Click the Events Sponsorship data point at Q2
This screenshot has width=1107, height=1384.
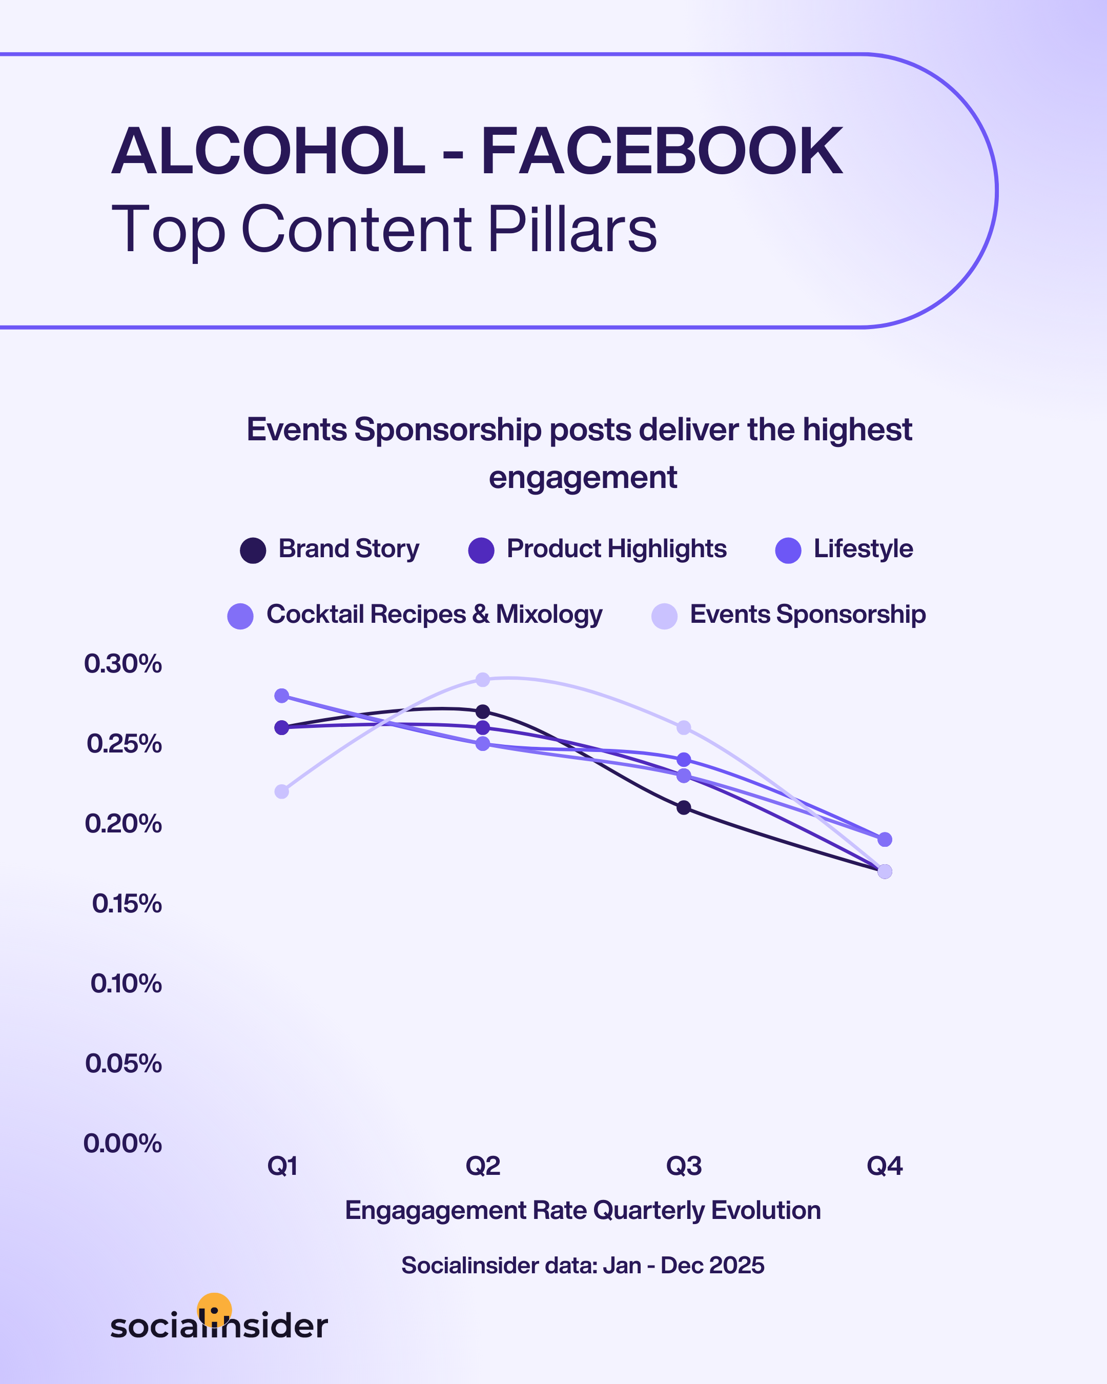tap(483, 679)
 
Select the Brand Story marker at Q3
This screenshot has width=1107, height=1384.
tap(684, 807)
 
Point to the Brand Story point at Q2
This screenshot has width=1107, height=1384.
tap(483, 711)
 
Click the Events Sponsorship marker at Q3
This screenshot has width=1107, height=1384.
tap(684, 727)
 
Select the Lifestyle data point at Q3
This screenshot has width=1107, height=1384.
tap(684, 759)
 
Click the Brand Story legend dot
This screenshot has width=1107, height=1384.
tap(253, 550)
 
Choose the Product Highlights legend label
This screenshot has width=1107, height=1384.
tap(616, 549)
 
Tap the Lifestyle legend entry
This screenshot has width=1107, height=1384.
tap(863, 549)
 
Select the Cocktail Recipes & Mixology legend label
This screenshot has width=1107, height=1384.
tap(434, 614)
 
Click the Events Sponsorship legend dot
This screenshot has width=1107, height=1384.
tap(664, 616)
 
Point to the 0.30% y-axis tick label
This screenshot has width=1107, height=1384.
tap(122, 664)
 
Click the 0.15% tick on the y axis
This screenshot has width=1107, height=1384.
tap(127, 904)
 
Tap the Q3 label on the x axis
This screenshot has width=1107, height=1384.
tap(684, 1166)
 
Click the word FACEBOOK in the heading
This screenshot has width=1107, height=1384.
tap(661, 152)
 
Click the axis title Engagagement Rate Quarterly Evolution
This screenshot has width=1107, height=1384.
tap(583, 1210)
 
